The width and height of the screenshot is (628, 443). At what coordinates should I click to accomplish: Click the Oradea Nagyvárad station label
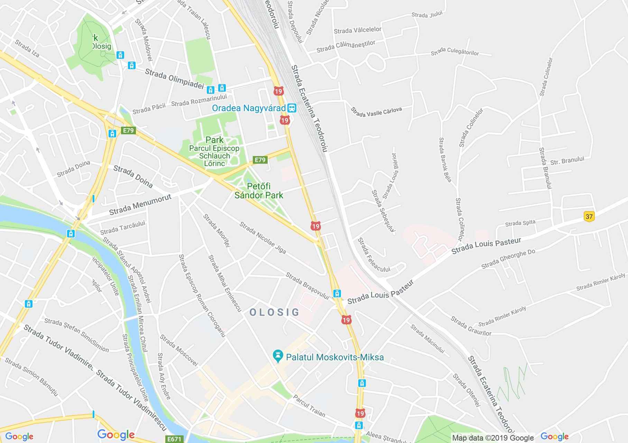click(x=249, y=108)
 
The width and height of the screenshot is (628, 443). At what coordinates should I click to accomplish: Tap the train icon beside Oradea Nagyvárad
click(x=292, y=108)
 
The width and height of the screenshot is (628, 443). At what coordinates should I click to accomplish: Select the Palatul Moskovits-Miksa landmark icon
click(x=277, y=356)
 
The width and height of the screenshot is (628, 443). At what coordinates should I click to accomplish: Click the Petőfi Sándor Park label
click(x=259, y=191)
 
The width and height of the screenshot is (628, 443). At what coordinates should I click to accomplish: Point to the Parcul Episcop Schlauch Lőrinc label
click(x=214, y=156)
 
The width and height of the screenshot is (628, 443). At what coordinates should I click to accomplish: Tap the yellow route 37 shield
click(x=589, y=217)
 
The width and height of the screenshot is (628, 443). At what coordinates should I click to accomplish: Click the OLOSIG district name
click(x=274, y=312)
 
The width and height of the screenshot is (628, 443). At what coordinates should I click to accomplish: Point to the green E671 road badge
click(x=174, y=439)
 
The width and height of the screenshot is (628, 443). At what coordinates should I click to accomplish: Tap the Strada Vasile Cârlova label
click(x=376, y=112)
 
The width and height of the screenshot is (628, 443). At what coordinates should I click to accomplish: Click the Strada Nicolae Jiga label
click(x=263, y=238)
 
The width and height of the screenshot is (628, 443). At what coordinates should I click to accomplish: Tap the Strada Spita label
click(x=520, y=223)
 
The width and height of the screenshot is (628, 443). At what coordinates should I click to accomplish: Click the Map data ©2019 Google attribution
click(x=493, y=438)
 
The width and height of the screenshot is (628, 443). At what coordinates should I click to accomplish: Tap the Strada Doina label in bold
click(x=133, y=176)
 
